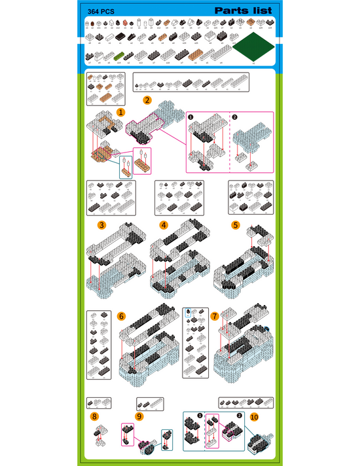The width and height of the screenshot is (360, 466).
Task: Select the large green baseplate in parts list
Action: point(253,48)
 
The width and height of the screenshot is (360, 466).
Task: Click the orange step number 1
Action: point(121,113)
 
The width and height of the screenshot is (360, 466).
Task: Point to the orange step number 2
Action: point(147,100)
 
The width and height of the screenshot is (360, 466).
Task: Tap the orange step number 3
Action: point(101,225)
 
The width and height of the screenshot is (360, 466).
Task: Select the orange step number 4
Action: point(164,225)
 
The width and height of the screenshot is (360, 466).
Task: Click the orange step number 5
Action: point(235,225)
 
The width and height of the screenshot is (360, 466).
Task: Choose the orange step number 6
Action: point(121,316)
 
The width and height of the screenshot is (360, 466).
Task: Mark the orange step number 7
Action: point(215,316)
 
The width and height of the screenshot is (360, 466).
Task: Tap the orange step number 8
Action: point(95,416)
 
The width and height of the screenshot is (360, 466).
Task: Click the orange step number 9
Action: point(139,416)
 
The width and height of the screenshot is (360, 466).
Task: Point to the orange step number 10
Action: point(253,416)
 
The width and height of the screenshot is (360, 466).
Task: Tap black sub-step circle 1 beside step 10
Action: point(200,415)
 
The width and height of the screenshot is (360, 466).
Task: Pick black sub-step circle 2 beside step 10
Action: point(239,415)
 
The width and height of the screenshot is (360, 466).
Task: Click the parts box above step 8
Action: point(100,402)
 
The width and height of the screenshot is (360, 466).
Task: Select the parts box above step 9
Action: point(150,403)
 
